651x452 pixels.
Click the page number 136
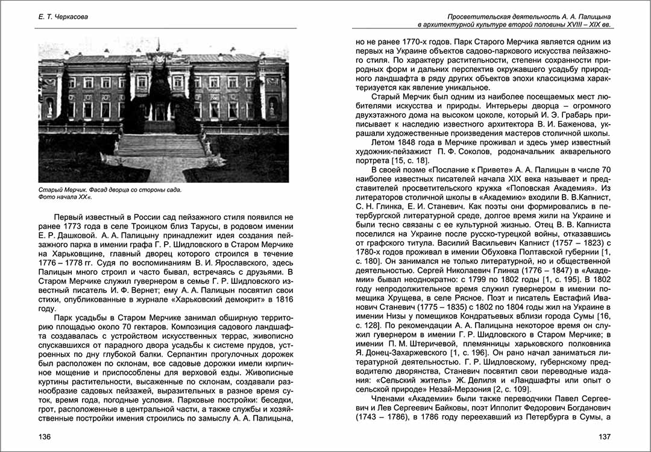click(46, 436)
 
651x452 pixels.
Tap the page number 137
click(605, 436)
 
